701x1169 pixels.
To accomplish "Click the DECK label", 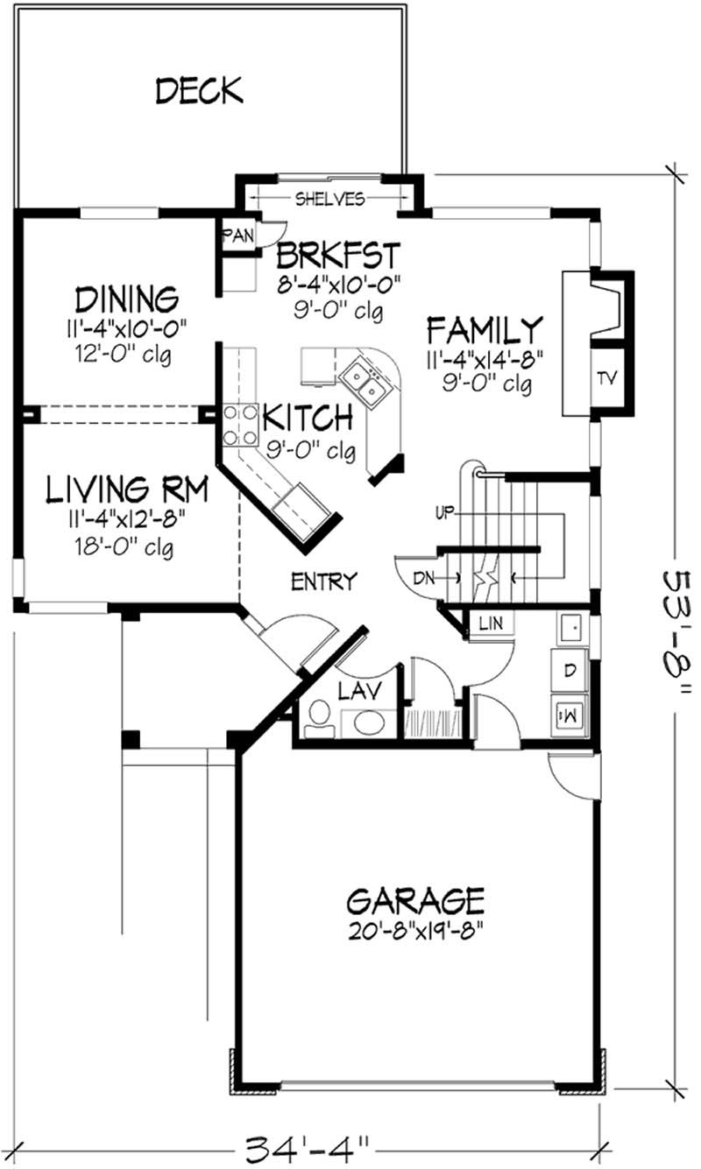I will pos(199,90).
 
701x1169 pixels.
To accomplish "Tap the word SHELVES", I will pos(329,200).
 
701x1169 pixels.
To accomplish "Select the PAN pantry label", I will pos(237,235).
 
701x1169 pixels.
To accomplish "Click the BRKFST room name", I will pos(338,257).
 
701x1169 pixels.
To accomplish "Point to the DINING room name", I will pos(127,299).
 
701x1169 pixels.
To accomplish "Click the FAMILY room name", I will pos(485,331).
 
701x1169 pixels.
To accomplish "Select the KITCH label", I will pos(308,419).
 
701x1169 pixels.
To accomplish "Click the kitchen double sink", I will pos(365,380).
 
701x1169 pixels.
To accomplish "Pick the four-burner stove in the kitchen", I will pos(239,425).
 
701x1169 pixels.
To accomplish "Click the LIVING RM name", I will pos(127,489).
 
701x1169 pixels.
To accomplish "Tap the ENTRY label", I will pos(325,580).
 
